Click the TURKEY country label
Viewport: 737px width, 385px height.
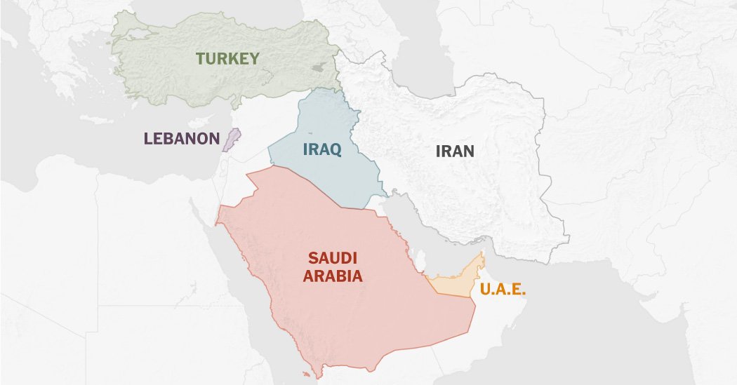pyautogui.click(x=227, y=58)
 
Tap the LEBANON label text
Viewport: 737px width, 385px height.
pyautogui.click(x=182, y=138)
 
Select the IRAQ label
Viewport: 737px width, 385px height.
pyautogui.click(x=322, y=149)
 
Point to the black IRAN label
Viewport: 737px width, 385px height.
pyautogui.click(x=455, y=151)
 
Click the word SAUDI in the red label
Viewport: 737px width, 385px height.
pyautogui.click(x=333, y=258)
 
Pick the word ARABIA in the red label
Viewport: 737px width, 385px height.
pyautogui.click(x=333, y=276)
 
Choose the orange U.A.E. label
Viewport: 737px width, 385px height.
pyautogui.click(x=503, y=289)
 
